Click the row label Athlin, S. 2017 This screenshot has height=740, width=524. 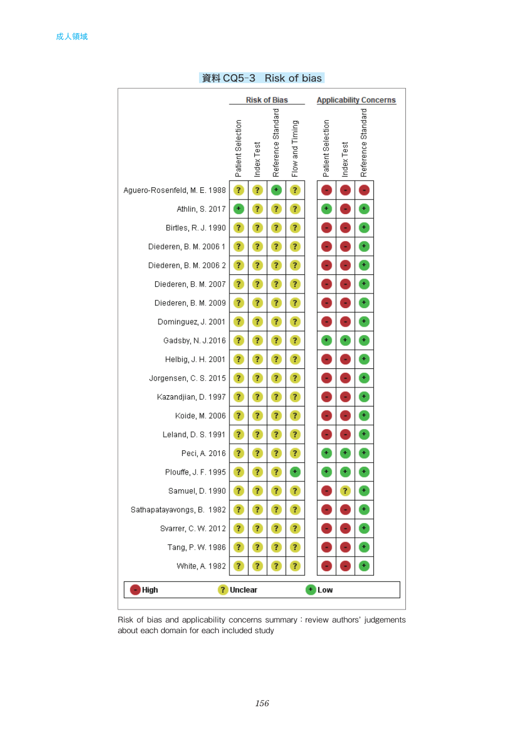click(201, 209)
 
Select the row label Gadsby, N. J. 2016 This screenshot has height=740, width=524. click(195, 341)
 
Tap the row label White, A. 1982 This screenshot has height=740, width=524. click(201, 566)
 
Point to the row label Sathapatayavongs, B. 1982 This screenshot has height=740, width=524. click(178, 510)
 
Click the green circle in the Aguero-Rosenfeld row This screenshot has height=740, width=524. click(276, 190)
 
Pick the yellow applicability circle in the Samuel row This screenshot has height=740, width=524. click(345, 491)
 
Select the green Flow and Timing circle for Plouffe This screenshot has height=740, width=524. click(295, 472)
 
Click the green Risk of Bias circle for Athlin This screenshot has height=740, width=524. click(238, 209)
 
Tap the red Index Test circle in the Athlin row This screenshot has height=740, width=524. click(345, 209)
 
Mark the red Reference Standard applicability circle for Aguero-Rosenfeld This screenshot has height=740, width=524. click(364, 190)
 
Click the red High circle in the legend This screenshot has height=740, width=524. click(135, 590)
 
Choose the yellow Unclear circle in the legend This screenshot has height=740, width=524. click(223, 590)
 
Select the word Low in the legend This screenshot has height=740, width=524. click(325, 590)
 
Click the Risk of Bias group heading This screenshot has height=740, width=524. click(266, 100)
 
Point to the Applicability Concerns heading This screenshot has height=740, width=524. click(356, 100)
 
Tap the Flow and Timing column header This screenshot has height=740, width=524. click(295, 148)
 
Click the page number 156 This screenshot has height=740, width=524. click(262, 703)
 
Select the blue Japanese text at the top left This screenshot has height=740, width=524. click(72, 37)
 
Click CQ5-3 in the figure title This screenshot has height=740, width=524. click(239, 78)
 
